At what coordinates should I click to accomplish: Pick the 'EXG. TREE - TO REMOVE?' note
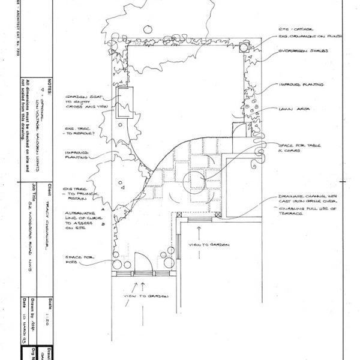[77, 131]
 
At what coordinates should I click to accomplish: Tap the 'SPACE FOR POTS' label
[78, 260]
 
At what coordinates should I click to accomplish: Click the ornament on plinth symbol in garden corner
[244, 49]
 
